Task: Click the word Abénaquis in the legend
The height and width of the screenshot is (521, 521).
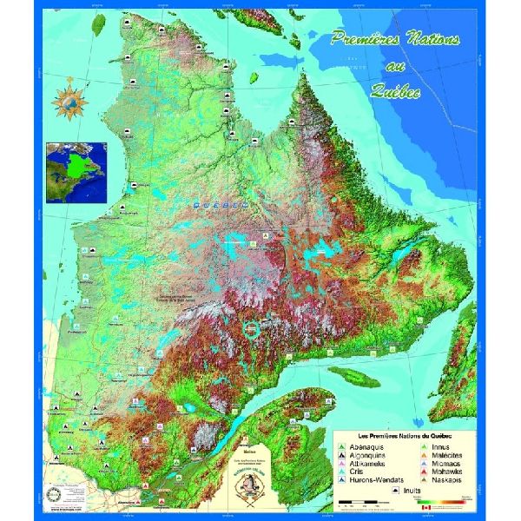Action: [364, 445]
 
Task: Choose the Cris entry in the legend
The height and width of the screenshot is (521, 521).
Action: [357, 472]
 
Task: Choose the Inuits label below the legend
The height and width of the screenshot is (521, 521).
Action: [410, 491]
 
